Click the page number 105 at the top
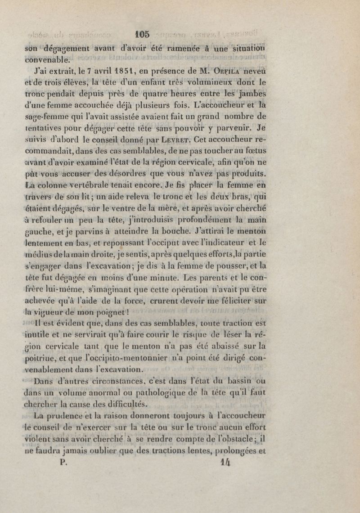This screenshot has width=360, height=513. tap(143, 34)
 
